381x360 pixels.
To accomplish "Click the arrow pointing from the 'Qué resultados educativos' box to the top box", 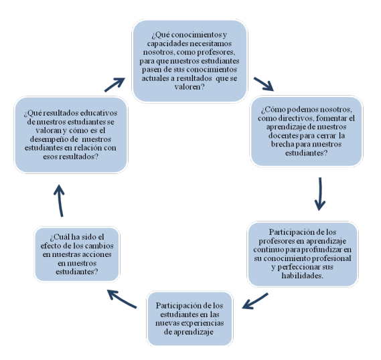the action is pos(115,85).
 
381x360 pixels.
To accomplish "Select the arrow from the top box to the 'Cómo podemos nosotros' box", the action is pos(264,84).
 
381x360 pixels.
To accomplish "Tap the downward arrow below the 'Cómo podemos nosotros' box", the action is pos(320,193).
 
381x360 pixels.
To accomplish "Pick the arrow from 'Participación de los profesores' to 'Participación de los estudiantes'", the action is pos(255,301).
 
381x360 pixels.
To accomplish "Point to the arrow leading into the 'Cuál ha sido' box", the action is pos(122,299).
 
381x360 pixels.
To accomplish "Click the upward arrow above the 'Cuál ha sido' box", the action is pos(60,201).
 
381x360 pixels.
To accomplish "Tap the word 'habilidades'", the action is pos(302,276).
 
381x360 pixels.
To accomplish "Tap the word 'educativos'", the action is pos(98,113).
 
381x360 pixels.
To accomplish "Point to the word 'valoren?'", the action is pos(189,87).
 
